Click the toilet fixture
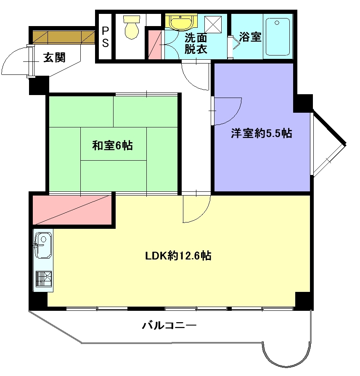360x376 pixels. click(x=131, y=27)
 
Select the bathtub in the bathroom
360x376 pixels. click(x=278, y=37)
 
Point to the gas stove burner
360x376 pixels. click(x=44, y=279)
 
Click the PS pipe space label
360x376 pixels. click(x=105, y=37)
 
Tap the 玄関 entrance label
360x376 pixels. click(x=54, y=58)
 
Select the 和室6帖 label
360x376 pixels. click(x=112, y=146)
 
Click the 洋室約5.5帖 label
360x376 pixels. click(x=262, y=133)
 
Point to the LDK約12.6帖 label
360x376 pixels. click(x=178, y=256)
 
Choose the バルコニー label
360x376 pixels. click(x=169, y=326)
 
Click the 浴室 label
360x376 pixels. click(x=250, y=37)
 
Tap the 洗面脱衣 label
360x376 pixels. click(x=196, y=43)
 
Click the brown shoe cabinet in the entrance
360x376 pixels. click(x=64, y=37)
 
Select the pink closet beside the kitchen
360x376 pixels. click(x=72, y=210)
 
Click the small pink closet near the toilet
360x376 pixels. click(x=154, y=45)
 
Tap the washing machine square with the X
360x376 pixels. click(x=213, y=24)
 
